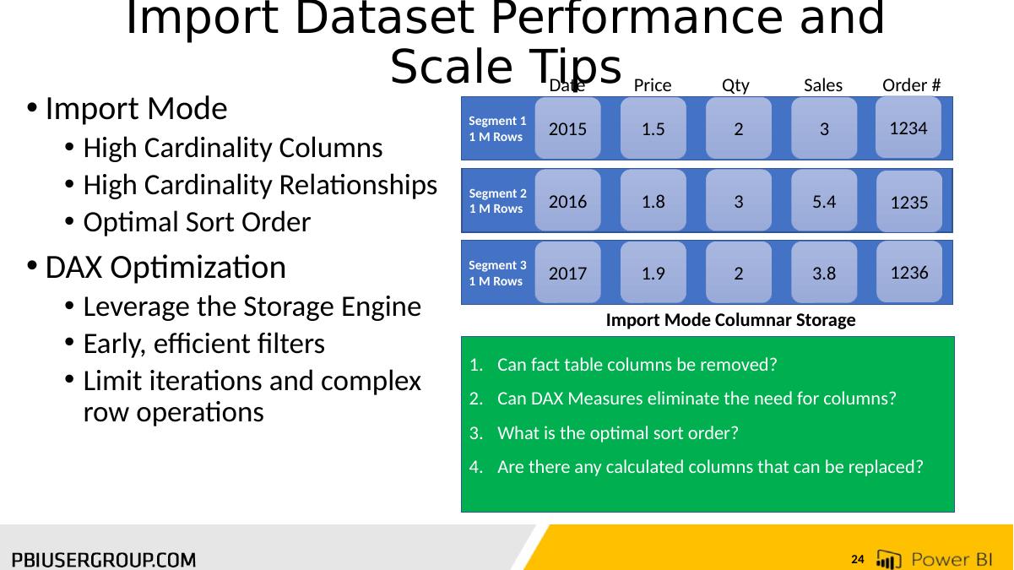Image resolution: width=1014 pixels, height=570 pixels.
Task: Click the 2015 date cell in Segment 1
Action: pos(567,128)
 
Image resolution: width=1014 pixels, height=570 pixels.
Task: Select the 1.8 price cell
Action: pos(653,201)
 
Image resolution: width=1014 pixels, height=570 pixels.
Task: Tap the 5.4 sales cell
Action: pos(824,201)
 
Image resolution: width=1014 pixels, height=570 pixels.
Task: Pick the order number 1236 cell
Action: pos(909,272)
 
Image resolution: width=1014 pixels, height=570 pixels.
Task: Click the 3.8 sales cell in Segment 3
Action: pos(824,273)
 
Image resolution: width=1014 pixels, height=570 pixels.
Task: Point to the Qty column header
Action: pos(735,85)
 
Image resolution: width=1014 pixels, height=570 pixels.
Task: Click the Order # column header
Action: pos(912,84)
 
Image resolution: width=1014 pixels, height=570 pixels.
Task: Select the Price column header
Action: pos(653,84)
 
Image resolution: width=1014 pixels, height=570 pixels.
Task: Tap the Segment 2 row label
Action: pos(497,201)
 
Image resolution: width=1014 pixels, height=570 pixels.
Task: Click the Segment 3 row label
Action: pos(497,273)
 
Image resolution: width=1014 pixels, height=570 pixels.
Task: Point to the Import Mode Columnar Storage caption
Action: pos(730,320)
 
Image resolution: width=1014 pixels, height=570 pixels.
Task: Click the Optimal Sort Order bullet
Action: pos(197,222)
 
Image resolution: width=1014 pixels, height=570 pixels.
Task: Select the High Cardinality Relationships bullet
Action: pos(260,185)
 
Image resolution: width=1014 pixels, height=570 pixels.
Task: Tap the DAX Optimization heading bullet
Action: pos(165,267)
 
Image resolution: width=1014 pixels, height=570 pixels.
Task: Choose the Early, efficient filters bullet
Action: pos(203,344)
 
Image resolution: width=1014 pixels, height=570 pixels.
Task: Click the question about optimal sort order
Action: pos(617,433)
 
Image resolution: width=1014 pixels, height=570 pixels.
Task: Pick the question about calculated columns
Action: pos(710,467)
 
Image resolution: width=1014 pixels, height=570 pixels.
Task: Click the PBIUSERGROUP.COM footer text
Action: pos(104,560)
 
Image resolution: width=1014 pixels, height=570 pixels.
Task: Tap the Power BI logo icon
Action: pos(888,559)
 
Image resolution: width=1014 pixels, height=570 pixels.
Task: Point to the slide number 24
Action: pos(857,560)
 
